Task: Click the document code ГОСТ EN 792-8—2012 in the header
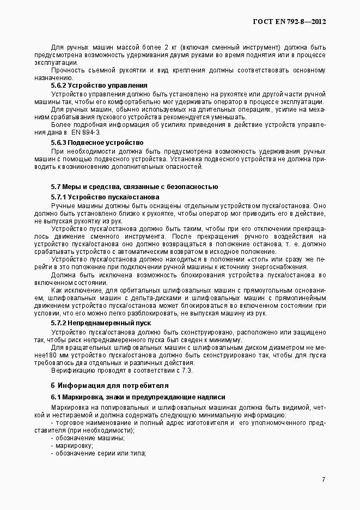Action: coord(290,22)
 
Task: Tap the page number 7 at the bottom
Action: coord(324,479)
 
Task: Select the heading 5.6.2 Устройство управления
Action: coord(99,86)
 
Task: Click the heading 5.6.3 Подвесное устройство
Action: coord(97,142)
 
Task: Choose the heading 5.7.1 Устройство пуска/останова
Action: coord(105,196)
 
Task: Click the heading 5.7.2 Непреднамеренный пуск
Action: coord(101,323)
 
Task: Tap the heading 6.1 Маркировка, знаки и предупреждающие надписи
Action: coord(138,397)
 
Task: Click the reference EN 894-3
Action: coord(85,132)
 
